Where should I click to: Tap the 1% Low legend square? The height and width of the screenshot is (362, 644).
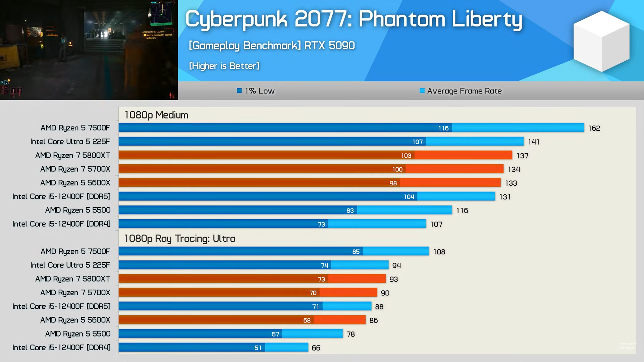click(x=239, y=90)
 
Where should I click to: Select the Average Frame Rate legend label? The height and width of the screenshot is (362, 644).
click(x=464, y=91)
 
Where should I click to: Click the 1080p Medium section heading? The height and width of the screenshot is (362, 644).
click(x=156, y=115)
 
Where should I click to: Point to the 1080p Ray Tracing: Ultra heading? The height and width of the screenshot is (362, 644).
click(x=180, y=238)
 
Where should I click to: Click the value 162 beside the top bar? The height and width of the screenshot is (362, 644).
click(x=594, y=128)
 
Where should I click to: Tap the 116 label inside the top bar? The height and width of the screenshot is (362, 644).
click(x=443, y=128)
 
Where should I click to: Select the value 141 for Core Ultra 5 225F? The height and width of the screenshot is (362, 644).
click(x=533, y=142)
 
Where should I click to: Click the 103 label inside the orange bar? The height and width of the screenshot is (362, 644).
click(x=406, y=156)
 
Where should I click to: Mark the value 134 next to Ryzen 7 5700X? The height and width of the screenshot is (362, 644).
click(x=514, y=169)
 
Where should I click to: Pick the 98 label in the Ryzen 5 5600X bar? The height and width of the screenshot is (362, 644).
click(x=393, y=183)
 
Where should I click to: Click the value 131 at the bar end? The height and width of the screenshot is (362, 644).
click(x=505, y=197)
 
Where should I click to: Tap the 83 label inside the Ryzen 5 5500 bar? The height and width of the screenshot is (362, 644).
click(x=350, y=210)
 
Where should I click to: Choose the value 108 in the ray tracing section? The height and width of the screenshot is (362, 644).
click(x=439, y=252)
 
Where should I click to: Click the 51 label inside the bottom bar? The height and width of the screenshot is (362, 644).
click(x=258, y=348)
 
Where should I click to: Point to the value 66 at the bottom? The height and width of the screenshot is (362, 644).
click(x=316, y=348)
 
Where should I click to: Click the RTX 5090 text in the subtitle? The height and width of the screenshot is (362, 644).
click(x=329, y=45)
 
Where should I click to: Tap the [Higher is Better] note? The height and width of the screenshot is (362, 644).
click(x=224, y=66)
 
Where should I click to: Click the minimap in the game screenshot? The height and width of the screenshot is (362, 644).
click(x=161, y=13)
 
